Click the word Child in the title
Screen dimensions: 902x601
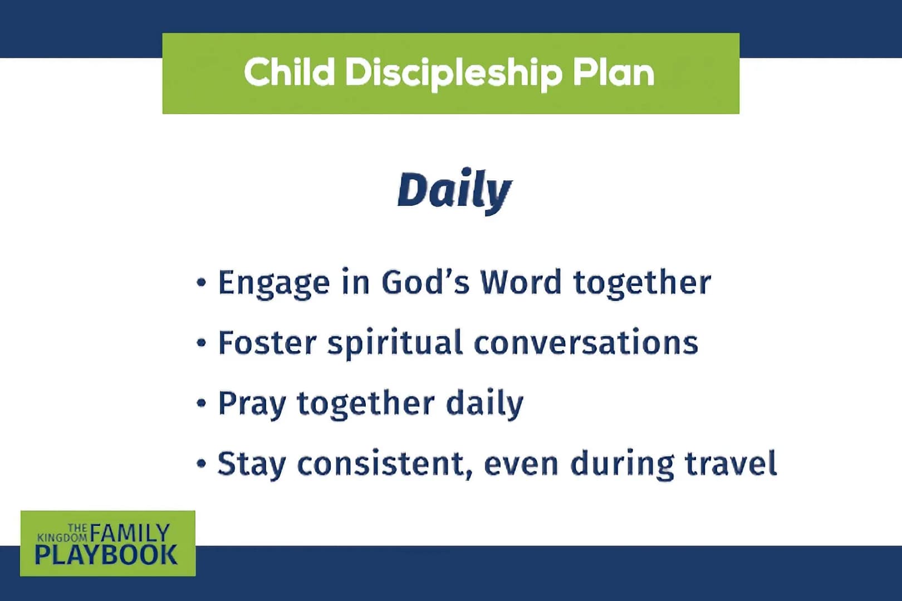(x=290, y=72)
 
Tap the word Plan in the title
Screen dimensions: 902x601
(x=614, y=72)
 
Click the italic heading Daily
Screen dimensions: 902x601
(x=455, y=191)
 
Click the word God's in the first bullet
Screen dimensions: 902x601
(x=425, y=282)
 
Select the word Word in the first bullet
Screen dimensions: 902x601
(x=521, y=282)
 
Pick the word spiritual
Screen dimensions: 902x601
(x=395, y=344)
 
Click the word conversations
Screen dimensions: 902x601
(x=586, y=343)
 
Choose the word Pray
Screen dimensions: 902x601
(x=252, y=405)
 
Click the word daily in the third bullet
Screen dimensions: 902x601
(x=484, y=405)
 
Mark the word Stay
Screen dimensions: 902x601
(x=251, y=465)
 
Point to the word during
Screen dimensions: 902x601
(x=622, y=465)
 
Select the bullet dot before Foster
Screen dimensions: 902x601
(x=202, y=343)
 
